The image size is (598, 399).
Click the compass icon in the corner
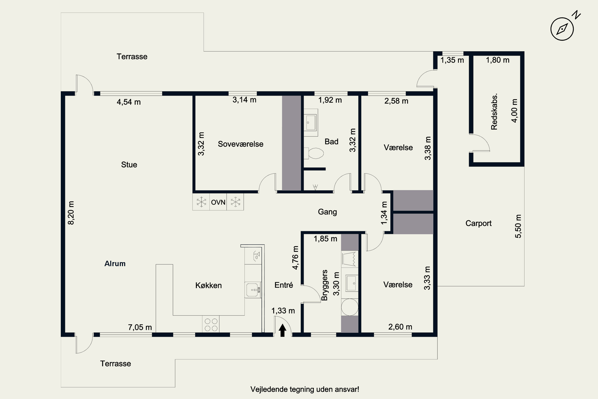(x=562, y=29)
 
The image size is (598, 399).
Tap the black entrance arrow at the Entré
(x=282, y=330)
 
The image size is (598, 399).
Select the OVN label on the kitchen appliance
(x=218, y=202)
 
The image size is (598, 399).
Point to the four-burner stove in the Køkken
(x=211, y=324)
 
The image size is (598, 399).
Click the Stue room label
(x=129, y=165)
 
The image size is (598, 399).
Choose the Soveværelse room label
(x=241, y=144)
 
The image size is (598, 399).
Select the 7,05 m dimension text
(x=140, y=327)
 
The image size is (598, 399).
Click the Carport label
(x=479, y=223)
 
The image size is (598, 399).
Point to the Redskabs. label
(x=494, y=112)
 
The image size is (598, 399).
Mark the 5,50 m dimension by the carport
(x=518, y=226)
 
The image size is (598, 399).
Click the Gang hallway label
(x=328, y=212)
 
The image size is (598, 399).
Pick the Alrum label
(x=115, y=264)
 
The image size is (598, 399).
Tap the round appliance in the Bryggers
(x=350, y=307)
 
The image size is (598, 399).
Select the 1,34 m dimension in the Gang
(x=384, y=213)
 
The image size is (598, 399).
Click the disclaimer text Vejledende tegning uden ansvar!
(x=305, y=389)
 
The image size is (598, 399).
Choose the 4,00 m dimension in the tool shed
(x=514, y=111)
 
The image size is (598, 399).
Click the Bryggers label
(x=325, y=285)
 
